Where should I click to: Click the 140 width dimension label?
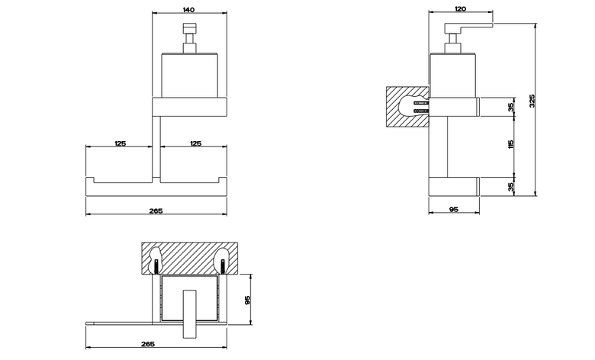pyautogui.click(x=188, y=9)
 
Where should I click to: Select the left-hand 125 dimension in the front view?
pyautogui.click(x=120, y=143)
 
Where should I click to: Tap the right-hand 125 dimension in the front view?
pyautogui.click(x=195, y=143)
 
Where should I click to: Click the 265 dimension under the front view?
pyautogui.click(x=156, y=211)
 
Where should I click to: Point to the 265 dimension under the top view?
pyautogui.click(x=148, y=344)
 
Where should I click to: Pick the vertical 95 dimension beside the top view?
pyautogui.click(x=247, y=301)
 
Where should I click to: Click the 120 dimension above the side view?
pyautogui.click(x=460, y=8)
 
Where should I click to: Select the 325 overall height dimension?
pyautogui.click(x=532, y=101)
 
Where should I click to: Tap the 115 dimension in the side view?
pyautogui.click(x=511, y=144)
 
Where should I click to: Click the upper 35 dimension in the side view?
pyautogui.click(x=511, y=107)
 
